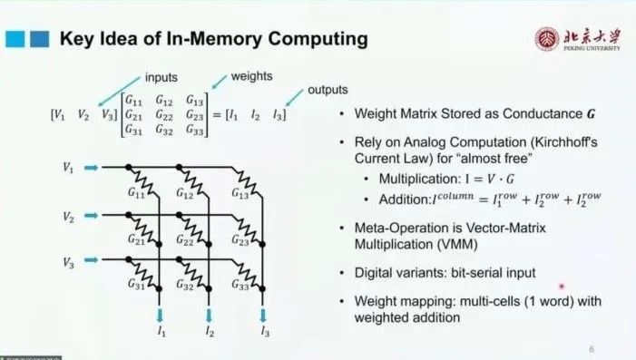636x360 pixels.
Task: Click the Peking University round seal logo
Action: point(546,39)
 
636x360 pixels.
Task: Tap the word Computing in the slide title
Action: point(318,39)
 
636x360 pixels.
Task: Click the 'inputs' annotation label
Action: point(161,77)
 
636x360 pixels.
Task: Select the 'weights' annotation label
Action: point(251,76)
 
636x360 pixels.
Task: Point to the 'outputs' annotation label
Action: point(328,90)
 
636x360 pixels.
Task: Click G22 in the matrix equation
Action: point(164,115)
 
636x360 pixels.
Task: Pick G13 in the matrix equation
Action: point(195,100)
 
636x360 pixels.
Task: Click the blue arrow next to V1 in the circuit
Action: point(92,168)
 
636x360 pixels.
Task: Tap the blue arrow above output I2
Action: point(209,315)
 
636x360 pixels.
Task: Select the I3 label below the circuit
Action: point(265,332)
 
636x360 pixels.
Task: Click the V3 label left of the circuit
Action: point(69,263)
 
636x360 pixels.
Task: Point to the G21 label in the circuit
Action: point(136,239)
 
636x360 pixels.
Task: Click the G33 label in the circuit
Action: point(240,285)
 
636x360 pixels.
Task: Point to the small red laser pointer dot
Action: point(562,287)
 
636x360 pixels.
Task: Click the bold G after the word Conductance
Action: point(591,114)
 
